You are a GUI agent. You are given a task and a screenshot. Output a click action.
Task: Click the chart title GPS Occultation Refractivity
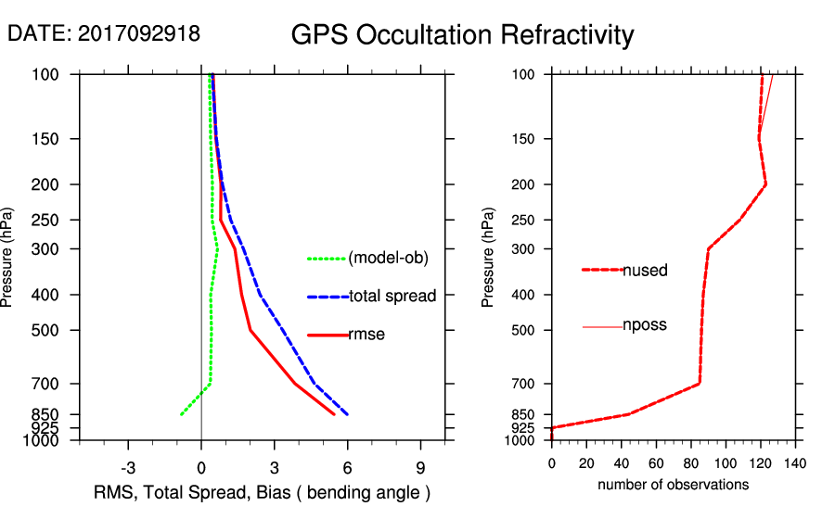click(462, 35)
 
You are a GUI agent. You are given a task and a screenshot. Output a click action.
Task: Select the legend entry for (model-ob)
click(388, 259)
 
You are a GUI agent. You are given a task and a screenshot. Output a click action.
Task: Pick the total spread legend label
click(392, 297)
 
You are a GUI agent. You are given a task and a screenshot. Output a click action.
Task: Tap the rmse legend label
click(366, 335)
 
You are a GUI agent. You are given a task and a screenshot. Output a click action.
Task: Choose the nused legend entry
click(646, 271)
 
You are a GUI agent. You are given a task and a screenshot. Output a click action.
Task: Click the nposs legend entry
click(646, 325)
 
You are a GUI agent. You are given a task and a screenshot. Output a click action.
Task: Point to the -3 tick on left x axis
click(128, 467)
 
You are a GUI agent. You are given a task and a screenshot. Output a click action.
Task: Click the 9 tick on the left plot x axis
click(421, 467)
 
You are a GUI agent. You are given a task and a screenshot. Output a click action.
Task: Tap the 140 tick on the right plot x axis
click(795, 463)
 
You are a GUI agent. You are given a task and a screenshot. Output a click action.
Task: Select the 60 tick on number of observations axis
click(656, 463)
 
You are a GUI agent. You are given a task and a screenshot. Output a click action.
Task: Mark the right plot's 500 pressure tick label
click(524, 330)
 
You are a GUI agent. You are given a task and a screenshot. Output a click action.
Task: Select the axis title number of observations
click(673, 485)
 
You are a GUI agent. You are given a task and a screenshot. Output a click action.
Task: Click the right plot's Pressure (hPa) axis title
click(489, 258)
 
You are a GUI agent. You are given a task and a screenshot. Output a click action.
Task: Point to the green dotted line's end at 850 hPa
click(181, 414)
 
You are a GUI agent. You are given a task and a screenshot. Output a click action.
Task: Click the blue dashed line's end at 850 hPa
click(348, 414)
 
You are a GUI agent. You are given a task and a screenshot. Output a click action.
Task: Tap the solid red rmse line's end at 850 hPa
click(334, 414)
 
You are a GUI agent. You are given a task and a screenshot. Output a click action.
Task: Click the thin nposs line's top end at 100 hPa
click(772, 74)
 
